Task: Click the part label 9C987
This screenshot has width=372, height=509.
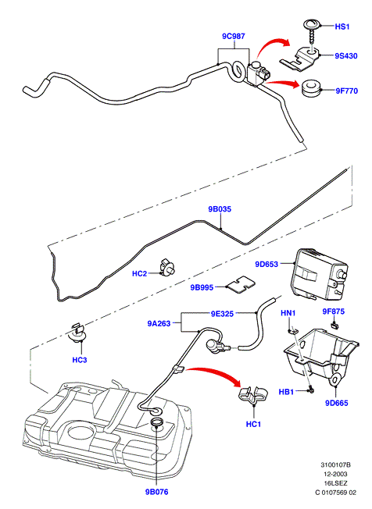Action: click(x=233, y=37)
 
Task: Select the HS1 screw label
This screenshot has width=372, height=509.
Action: click(x=342, y=27)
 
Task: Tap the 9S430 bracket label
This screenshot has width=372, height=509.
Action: click(x=346, y=56)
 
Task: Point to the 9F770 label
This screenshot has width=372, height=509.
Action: click(x=347, y=91)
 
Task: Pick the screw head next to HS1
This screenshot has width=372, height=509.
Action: click(x=312, y=25)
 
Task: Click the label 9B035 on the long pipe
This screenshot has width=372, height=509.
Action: click(x=220, y=209)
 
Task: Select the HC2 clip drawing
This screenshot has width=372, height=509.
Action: click(x=168, y=268)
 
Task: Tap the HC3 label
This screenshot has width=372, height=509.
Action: click(x=80, y=360)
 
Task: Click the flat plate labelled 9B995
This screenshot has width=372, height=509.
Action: click(x=241, y=284)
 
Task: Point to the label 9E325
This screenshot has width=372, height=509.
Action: click(x=222, y=314)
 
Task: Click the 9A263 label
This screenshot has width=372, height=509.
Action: click(x=159, y=323)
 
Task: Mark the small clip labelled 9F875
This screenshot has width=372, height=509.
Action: click(x=334, y=325)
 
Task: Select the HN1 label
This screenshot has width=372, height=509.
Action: click(x=288, y=313)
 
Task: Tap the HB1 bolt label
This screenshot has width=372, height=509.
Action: click(x=286, y=392)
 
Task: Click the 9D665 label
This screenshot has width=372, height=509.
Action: click(x=337, y=403)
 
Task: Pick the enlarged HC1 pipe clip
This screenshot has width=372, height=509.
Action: click(x=253, y=395)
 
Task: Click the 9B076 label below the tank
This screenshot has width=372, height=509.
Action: click(x=156, y=492)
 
